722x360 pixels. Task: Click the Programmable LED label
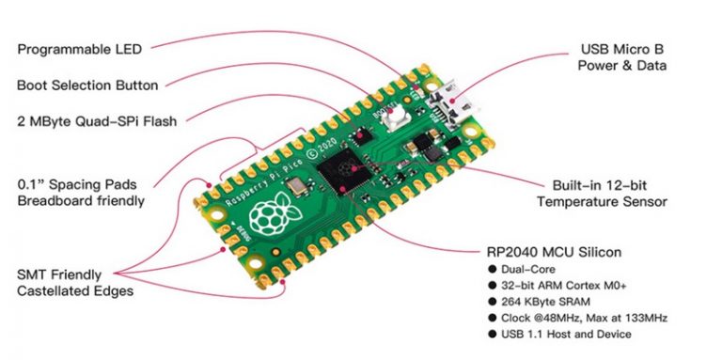(79, 49)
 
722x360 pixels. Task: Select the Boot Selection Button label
(86, 85)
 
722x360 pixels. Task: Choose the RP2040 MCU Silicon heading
(540, 253)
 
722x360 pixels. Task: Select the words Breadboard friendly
(81, 199)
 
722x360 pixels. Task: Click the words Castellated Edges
(75, 290)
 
